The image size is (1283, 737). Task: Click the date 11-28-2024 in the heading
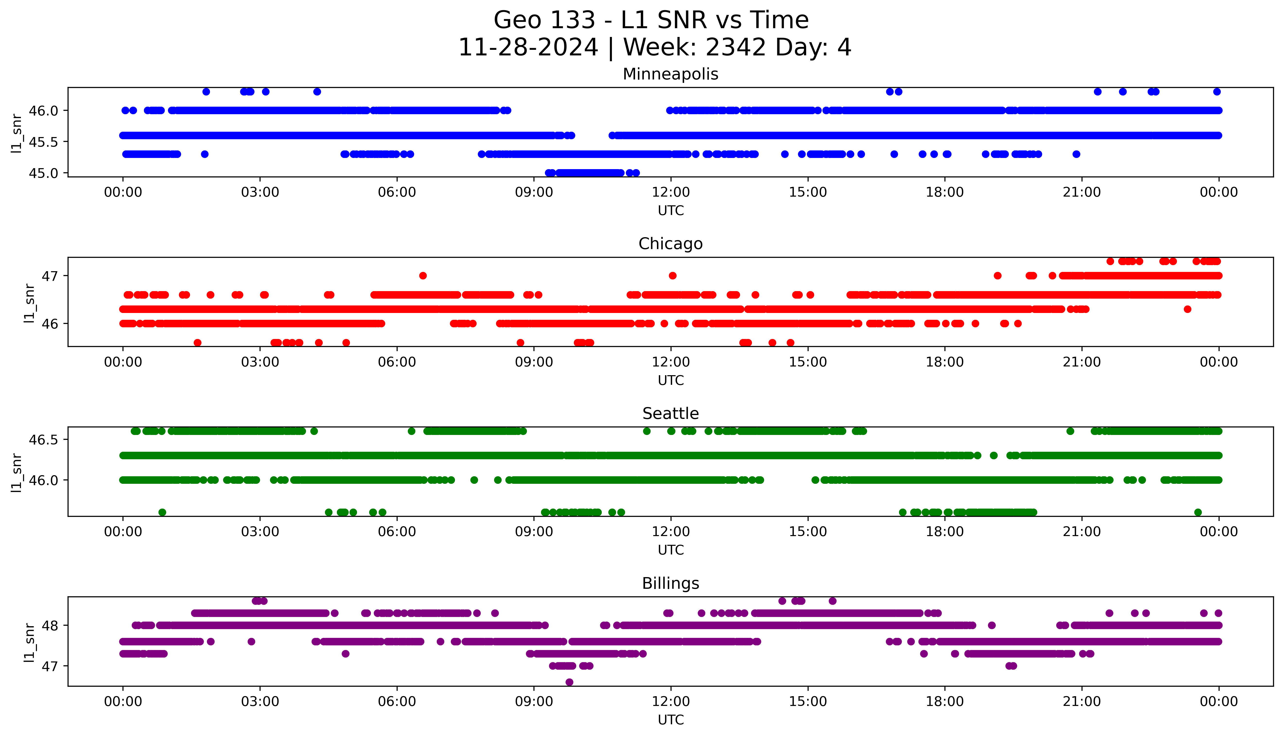[x=528, y=48]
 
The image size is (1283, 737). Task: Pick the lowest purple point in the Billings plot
[x=569, y=682]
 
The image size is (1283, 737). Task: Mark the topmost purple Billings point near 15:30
[x=833, y=601]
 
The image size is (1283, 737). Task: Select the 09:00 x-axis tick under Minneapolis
[x=534, y=192]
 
